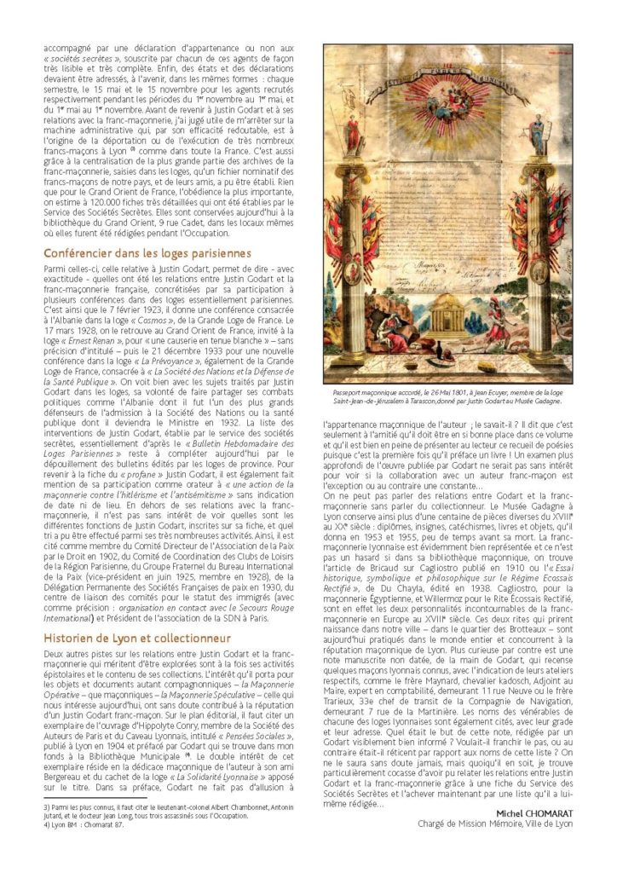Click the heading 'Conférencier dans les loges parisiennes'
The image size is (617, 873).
point(147,253)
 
